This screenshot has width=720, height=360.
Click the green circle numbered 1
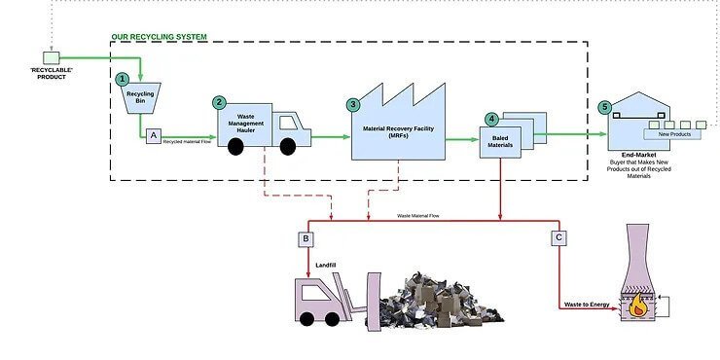pyautogui.click(x=122, y=78)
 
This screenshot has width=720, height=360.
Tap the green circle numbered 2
pyautogui.click(x=220, y=101)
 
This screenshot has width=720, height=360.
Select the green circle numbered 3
pyautogui.click(x=353, y=104)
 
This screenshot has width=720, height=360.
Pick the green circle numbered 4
pyautogui.click(x=492, y=119)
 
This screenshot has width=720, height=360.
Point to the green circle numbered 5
pyautogui.click(x=604, y=107)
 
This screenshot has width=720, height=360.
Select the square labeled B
pyautogui.click(x=306, y=238)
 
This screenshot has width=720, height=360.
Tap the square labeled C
pyautogui.click(x=558, y=238)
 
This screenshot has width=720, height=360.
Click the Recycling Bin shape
pyautogui.click(x=142, y=98)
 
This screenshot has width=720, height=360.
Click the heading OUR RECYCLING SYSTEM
pyautogui.click(x=159, y=37)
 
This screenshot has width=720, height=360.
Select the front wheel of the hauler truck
pyautogui.click(x=287, y=147)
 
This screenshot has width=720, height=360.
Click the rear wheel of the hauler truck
pyautogui.click(x=234, y=147)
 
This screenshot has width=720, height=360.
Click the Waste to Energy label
pyautogui.click(x=586, y=305)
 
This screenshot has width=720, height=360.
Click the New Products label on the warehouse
pyautogui.click(x=672, y=135)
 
